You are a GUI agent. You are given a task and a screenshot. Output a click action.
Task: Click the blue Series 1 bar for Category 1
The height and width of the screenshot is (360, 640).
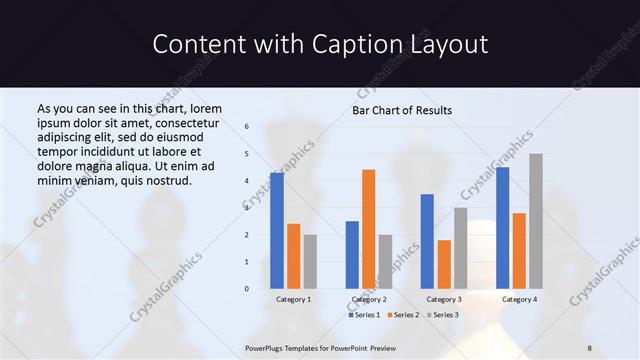pyautogui.click(x=276, y=231)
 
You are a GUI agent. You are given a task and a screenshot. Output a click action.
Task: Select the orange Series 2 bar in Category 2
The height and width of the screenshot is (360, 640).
pyautogui.click(x=369, y=229)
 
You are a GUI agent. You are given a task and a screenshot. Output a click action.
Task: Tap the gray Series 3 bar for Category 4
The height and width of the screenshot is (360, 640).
pyautogui.click(x=536, y=221)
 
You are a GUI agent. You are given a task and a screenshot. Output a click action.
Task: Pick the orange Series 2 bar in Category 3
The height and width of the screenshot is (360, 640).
pyautogui.click(x=444, y=264)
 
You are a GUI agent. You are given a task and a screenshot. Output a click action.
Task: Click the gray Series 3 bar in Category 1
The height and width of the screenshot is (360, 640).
pyautogui.click(x=310, y=262)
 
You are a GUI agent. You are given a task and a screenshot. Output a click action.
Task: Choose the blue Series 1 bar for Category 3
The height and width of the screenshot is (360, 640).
pyautogui.click(x=427, y=241)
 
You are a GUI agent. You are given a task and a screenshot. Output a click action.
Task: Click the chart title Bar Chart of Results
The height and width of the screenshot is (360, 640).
pyautogui.click(x=402, y=110)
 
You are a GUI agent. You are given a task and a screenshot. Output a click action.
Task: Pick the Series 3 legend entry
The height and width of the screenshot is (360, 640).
pyautogui.click(x=443, y=315)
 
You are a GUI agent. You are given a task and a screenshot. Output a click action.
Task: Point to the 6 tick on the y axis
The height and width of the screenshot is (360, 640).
pyautogui.click(x=246, y=127)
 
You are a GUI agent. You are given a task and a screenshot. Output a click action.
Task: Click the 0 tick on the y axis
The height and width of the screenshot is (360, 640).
pyautogui.click(x=246, y=289)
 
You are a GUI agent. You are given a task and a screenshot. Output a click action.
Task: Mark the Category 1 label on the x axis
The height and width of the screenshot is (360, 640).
pyautogui.click(x=293, y=299)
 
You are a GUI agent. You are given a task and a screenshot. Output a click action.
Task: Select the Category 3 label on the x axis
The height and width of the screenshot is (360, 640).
pyautogui.click(x=443, y=299)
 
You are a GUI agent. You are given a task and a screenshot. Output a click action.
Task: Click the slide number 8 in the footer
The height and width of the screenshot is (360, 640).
pyautogui.click(x=590, y=347)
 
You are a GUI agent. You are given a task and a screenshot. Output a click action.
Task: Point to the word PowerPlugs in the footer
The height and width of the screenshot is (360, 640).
pyautogui.click(x=266, y=347)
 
